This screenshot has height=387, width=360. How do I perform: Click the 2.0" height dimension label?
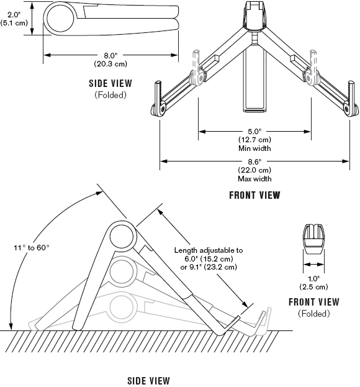pos(13,15)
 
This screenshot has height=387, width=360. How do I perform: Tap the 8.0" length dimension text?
pos(110,55)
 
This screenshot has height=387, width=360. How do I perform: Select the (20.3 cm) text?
pos(110,64)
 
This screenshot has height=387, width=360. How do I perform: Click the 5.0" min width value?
pos(254,131)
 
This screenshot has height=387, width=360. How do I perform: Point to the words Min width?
pos(254,148)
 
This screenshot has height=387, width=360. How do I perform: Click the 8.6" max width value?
pos(254,162)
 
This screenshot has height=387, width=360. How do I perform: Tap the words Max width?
pos(254,179)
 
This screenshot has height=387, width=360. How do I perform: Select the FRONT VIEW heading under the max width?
pos(254,195)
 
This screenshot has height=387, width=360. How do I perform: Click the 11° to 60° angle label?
pos(32,248)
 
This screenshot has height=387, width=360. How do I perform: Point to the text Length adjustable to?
pos(209,250)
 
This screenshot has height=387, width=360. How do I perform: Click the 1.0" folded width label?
pos(313,279)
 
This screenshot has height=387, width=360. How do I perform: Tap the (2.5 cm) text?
pos(313,287)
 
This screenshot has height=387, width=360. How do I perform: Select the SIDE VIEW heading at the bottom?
pos(148,380)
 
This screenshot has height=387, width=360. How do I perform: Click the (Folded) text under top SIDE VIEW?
pos(110,95)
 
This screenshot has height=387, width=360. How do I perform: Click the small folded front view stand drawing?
pos(313,239)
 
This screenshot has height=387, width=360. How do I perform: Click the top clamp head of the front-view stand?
pos(256,16)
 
